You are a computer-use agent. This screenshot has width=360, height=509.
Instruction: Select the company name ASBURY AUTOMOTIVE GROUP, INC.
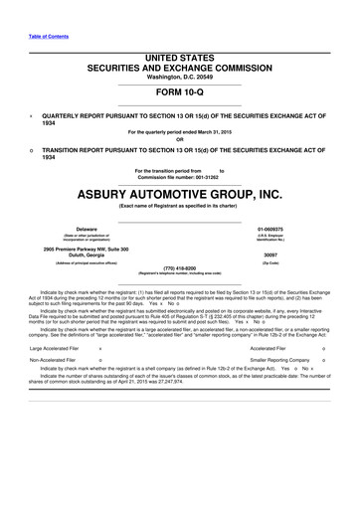coord(180,194)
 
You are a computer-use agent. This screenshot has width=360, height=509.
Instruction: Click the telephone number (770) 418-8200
coord(180,266)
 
